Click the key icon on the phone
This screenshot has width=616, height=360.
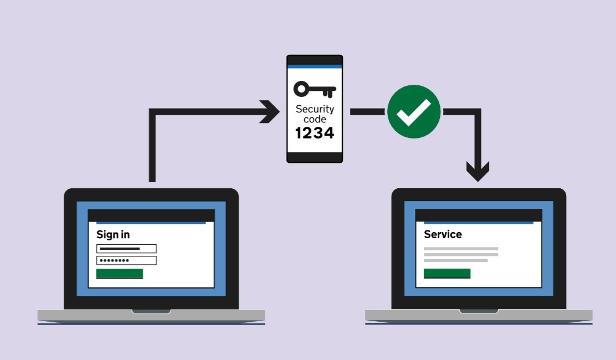pyautogui.click(x=314, y=89)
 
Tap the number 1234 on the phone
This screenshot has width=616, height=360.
pyautogui.click(x=314, y=133)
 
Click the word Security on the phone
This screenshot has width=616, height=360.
pyautogui.click(x=315, y=109)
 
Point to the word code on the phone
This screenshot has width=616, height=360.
pyautogui.click(x=315, y=119)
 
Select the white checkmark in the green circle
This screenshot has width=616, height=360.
pyautogui.click(x=414, y=111)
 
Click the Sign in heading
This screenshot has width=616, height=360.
pyautogui.click(x=113, y=234)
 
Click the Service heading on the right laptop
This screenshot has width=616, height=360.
pyautogui.click(x=443, y=234)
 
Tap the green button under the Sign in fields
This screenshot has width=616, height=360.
pyautogui.click(x=119, y=274)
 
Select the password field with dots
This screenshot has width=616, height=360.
pyautogui.click(x=126, y=260)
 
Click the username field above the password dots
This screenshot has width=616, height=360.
pyautogui.click(x=126, y=249)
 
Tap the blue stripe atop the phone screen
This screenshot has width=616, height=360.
pyautogui.click(x=314, y=66)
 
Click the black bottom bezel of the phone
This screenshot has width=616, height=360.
pyautogui.click(x=314, y=157)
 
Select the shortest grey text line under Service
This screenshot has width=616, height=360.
pyautogui.click(x=455, y=260)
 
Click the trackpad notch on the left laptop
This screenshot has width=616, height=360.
pyautogui.click(x=151, y=311)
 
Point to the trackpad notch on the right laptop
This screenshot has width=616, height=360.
pyautogui.click(x=479, y=311)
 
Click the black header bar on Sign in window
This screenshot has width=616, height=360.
pyautogui.click(x=151, y=215)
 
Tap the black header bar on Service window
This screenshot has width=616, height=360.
pyautogui.click(x=478, y=215)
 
